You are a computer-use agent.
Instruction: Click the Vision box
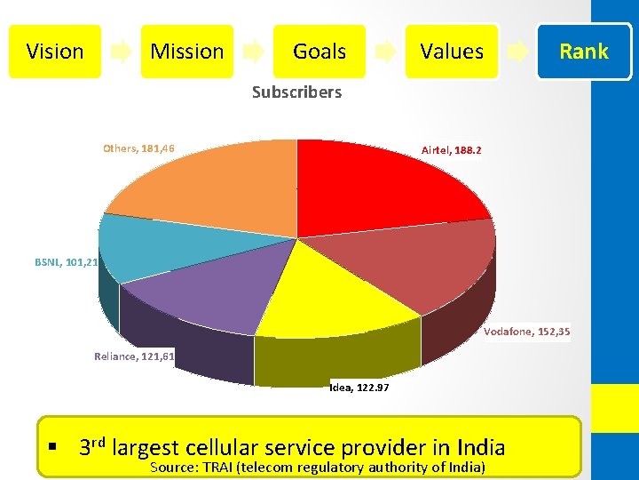(54, 52)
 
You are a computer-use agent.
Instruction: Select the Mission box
(186, 52)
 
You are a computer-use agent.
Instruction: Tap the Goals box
(319, 52)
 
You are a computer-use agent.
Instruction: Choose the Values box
(452, 52)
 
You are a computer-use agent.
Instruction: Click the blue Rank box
(583, 52)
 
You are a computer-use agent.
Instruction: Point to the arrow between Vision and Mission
(121, 52)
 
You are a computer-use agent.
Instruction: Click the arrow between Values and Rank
(517, 52)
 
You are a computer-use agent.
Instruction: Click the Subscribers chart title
(296, 92)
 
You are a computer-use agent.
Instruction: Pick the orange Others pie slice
(213, 187)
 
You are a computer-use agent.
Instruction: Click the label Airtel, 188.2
(451, 151)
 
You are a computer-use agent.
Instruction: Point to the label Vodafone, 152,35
(527, 332)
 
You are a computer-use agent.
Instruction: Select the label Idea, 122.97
(359, 388)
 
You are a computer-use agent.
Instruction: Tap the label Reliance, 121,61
(135, 356)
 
